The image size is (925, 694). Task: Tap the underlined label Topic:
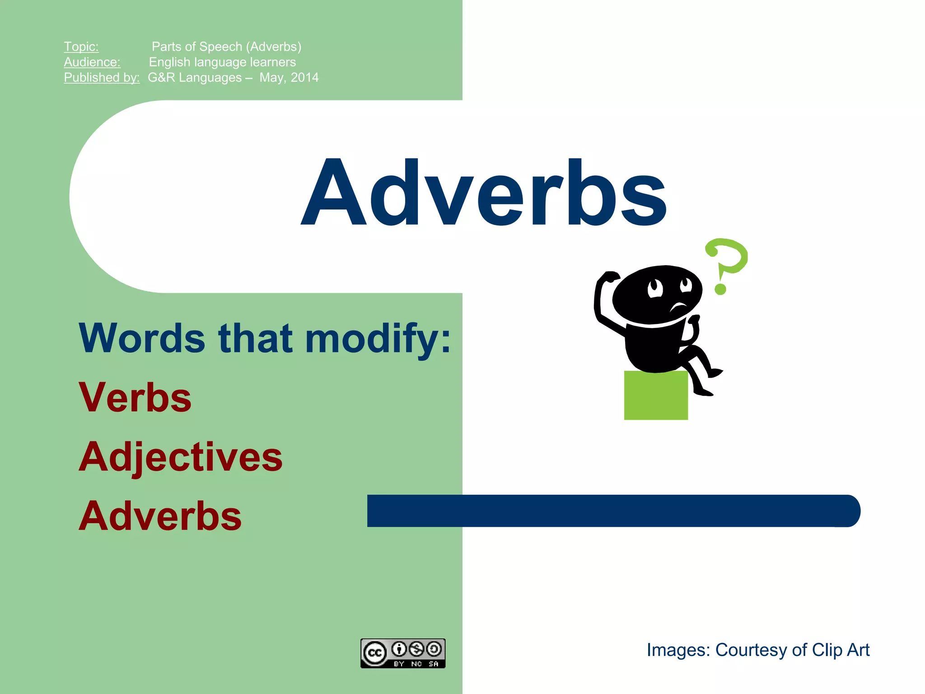pyautogui.click(x=81, y=47)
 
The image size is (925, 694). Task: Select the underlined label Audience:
pyautogui.click(x=92, y=62)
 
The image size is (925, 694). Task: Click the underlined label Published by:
pyautogui.click(x=102, y=77)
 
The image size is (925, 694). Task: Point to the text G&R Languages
pyautogui.click(x=195, y=77)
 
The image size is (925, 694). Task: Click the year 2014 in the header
pyautogui.click(x=305, y=77)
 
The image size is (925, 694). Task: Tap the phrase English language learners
pyautogui.click(x=222, y=62)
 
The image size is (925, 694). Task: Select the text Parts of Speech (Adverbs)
pyautogui.click(x=226, y=47)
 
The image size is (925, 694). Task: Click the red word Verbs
pyautogui.click(x=135, y=397)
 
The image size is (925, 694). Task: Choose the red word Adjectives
pyautogui.click(x=181, y=457)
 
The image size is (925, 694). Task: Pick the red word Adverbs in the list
pyautogui.click(x=160, y=516)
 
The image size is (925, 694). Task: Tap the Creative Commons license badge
pyautogui.click(x=403, y=653)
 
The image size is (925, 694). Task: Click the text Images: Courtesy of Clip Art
pyautogui.click(x=758, y=650)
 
